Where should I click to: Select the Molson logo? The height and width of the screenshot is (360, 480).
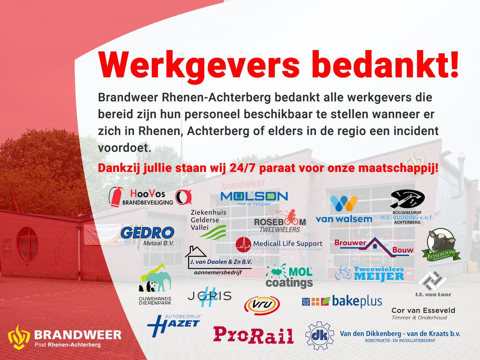pyautogui.click(x=254, y=197)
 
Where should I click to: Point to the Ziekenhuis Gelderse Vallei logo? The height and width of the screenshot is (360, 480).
pyautogui.click(x=208, y=224)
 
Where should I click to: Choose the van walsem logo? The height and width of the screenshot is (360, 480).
pyautogui.click(x=344, y=210)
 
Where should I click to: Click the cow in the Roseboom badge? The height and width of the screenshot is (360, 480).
pyautogui.click(x=442, y=242)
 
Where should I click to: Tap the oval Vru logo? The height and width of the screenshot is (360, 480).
pyautogui.click(x=262, y=305)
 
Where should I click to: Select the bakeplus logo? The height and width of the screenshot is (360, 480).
pyautogui.click(x=342, y=301)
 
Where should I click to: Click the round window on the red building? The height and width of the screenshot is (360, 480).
pyautogui.click(x=28, y=244)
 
